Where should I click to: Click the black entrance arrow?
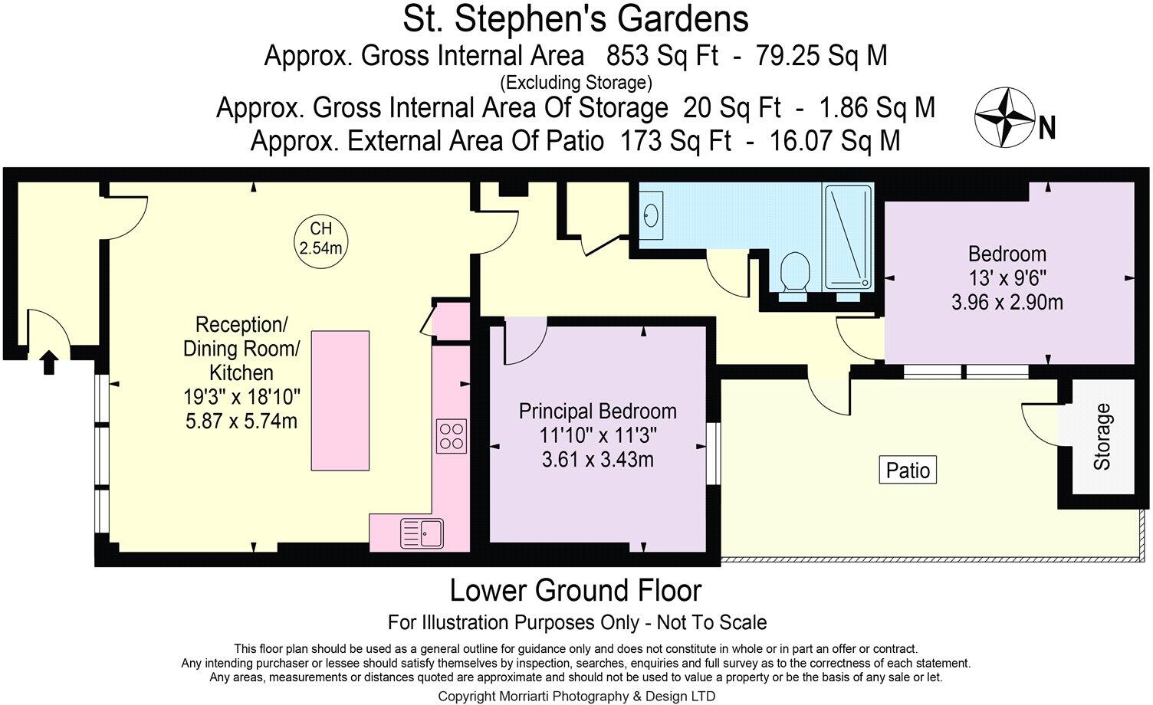coord(48,362)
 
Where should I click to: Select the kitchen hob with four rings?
coord(452,435)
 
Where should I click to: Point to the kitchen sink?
coord(421,533)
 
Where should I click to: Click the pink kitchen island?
coord(340,400)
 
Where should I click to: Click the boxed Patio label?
coord(908,470)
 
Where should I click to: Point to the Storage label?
coord(1102,437)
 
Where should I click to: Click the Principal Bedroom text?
coord(597,411)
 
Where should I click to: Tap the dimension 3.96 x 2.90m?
coord(1007,302)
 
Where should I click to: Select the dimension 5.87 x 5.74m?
coord(241,421)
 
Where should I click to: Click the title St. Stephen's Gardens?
coord(576,19)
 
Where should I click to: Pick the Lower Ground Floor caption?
coord(575,591)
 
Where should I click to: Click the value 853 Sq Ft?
coord(662,56)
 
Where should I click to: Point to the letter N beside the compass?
coord(1046,128)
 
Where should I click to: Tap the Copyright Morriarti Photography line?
coord(576,696)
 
